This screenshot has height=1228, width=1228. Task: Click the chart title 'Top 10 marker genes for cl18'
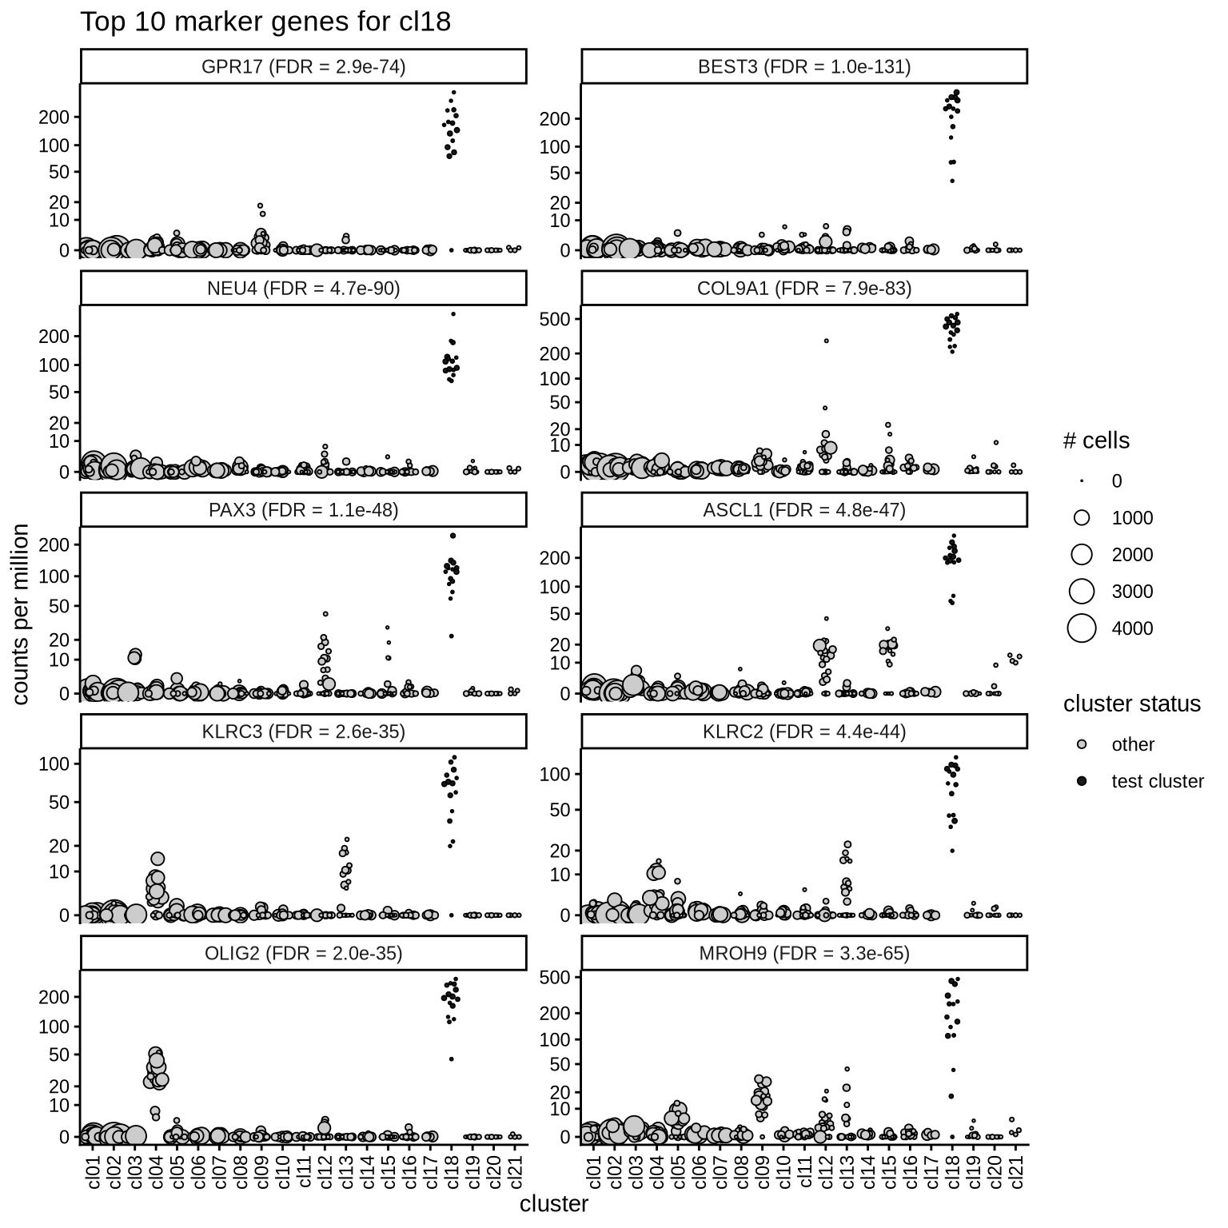click(265, 22)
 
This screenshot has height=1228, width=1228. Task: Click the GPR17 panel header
click(303, 67)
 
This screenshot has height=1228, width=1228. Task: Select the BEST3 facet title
click(803, 67)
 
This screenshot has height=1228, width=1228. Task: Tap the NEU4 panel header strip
click(303, 289)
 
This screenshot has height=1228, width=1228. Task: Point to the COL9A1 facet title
click(803, 289)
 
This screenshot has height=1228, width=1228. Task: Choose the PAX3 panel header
click(303, 510)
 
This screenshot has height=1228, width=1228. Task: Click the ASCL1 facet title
click(803, 510)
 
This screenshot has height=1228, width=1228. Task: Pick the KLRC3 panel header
click(303, 732)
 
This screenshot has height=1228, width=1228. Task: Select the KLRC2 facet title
click(803, 732)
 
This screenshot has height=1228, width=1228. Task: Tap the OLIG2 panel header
click(303, 953)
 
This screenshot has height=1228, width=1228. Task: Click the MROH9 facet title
click(803, 953)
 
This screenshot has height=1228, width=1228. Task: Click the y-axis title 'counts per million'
click(22, 614)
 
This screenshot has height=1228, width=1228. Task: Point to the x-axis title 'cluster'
click(553, 1204)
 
